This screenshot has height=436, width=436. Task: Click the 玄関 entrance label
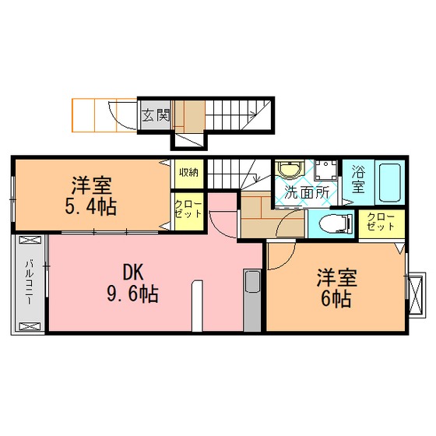coord(156,115)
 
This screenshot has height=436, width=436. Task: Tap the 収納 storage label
coord(188,172)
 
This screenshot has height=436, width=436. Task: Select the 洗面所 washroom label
coord(307,193)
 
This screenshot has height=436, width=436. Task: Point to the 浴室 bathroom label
coord(358,179)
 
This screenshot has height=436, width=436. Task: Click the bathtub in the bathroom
coord(389,182)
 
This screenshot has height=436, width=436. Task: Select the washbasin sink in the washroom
coord(290,169)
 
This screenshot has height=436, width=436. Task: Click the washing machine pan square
coord(326,171)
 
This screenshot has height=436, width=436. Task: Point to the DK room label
coord(133,272)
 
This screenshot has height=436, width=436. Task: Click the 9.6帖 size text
coord(133,294)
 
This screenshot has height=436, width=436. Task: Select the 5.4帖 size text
coord(90,206)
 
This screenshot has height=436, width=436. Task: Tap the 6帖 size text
coord(336,298)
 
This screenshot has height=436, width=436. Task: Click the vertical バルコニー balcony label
coord(30,282)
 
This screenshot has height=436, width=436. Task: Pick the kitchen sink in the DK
coord(252,281)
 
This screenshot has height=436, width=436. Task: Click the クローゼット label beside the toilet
coord(381,222)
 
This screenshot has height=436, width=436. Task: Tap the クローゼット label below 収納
coord(188,209)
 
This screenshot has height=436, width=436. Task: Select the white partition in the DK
coord(197,305)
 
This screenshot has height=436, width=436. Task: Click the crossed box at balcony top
coord(30,240)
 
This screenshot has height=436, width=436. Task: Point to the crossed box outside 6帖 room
coord(417,295)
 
